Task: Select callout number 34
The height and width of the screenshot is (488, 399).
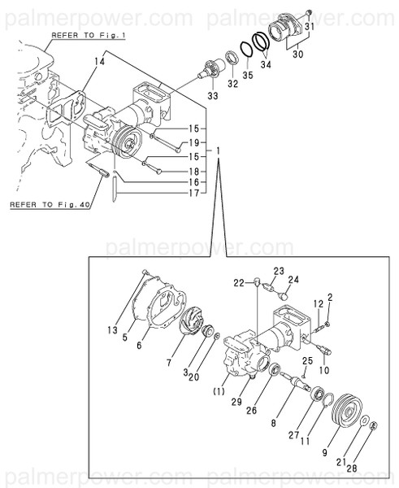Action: tap(263, 61)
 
